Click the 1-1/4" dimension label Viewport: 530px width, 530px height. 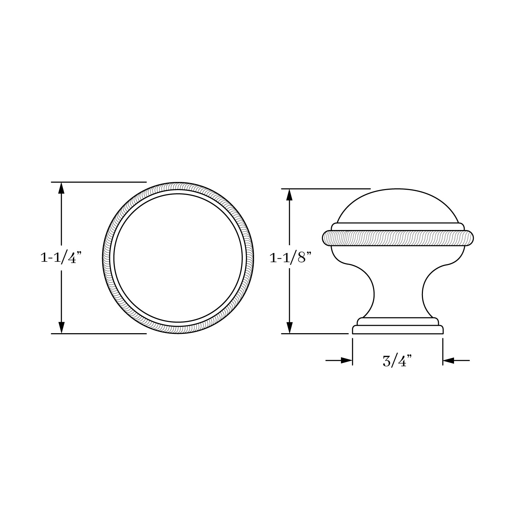point(61,258)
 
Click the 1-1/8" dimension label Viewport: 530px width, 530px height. point(290,258)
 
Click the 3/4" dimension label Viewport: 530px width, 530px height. point(397,361)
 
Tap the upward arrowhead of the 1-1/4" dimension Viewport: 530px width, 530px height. point(61,187)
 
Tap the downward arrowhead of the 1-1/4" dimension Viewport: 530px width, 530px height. point(61,328)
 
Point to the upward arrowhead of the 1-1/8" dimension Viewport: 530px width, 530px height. point(290,194)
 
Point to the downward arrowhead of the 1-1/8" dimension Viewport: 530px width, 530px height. point(290,328)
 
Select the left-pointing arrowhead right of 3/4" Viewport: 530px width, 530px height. point(448,360)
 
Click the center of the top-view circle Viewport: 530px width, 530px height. point(178,258)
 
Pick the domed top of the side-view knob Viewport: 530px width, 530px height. point(397,207)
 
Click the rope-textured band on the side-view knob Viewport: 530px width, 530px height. point(397,238)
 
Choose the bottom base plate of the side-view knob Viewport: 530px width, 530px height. point(397,330)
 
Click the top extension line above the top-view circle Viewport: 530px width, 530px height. point(99,182)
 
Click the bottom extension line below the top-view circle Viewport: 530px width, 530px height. point(99,333)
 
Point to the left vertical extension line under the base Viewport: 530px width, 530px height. point(353,352)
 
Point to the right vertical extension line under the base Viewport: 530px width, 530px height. point(443,352)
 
